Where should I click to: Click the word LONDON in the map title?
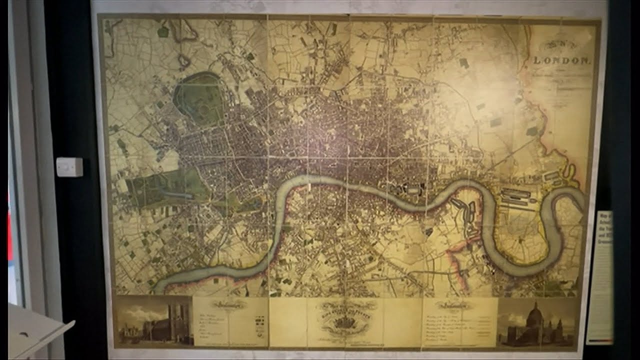pos(562,60)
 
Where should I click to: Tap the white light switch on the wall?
pos(69,167)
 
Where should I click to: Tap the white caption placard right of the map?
pos(599,277)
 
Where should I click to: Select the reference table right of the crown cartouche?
pos(460,322)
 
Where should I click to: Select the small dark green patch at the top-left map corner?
pos(163,32)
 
